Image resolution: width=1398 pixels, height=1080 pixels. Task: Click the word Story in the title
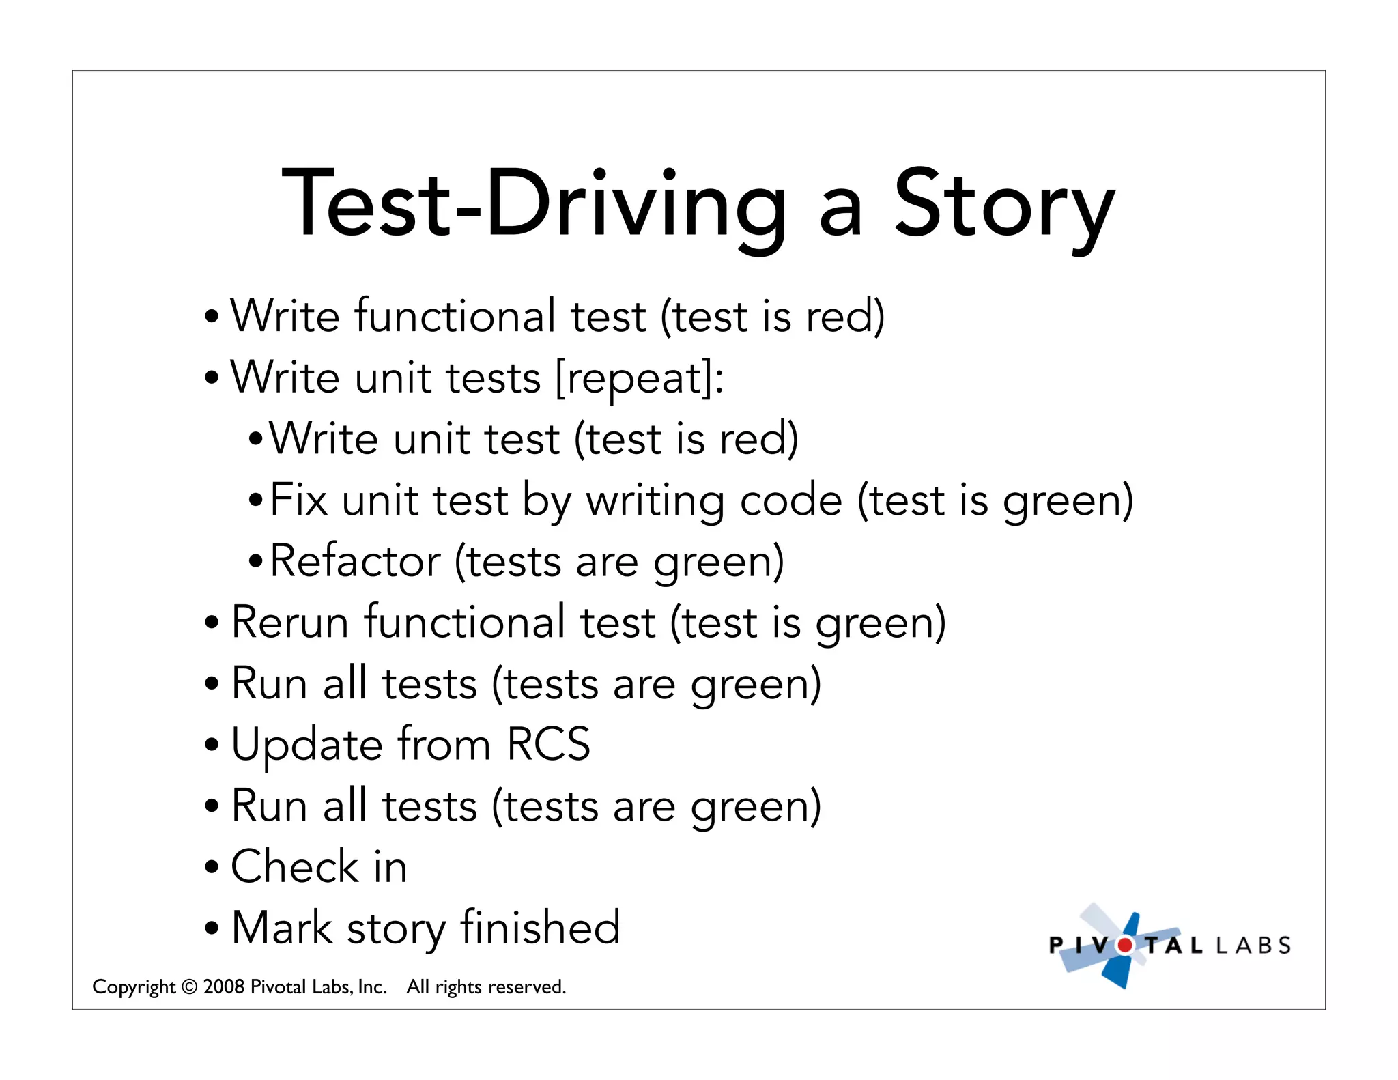[x=1003, y=205]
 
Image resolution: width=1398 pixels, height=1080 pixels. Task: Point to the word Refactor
[x=355, y=561]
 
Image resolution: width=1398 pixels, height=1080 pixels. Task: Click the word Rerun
[x=290, y=623]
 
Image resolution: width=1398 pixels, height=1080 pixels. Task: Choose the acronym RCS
[x=548, y=744]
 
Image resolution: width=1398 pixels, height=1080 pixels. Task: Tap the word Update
[x=307, y=745]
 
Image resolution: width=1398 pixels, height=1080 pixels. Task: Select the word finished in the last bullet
[x=540, y=928]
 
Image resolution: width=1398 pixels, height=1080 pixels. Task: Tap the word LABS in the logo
[x=1253, y=946]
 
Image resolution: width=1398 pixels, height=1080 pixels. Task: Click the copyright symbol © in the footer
[x=190, y=987]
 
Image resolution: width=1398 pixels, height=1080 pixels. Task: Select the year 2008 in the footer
[x=224, y=987]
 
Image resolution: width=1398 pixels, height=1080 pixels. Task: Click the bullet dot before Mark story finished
[x=212, y=928]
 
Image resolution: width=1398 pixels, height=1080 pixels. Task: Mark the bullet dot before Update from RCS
[x=212, y=745]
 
